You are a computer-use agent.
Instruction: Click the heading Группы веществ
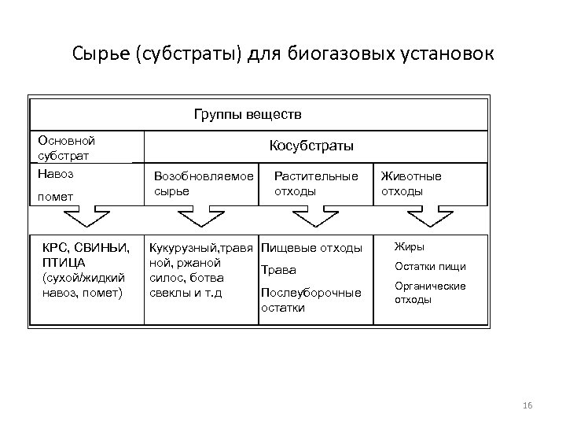click(248, 114)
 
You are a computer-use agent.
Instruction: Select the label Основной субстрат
click(66, 147)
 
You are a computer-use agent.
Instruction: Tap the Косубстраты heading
click(311, 146)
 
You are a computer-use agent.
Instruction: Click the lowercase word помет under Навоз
click(55, 195)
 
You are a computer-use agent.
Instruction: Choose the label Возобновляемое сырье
click(204, 183)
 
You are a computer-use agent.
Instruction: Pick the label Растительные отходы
click(315, 183)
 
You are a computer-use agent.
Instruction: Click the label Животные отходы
click(410, 183)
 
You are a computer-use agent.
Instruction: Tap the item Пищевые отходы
click(311, 249)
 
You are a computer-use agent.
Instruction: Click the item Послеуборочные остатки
click(311, 300)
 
